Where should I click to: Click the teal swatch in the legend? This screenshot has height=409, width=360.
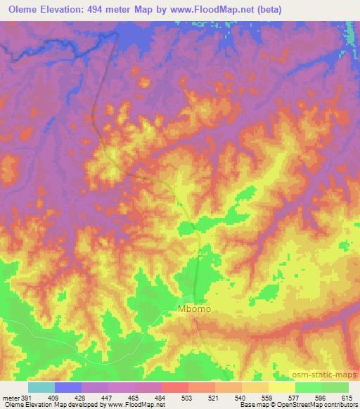[41, 387]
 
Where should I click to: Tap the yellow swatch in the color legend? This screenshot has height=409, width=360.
[281, 387]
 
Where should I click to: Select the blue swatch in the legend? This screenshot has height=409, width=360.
[68, 387]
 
